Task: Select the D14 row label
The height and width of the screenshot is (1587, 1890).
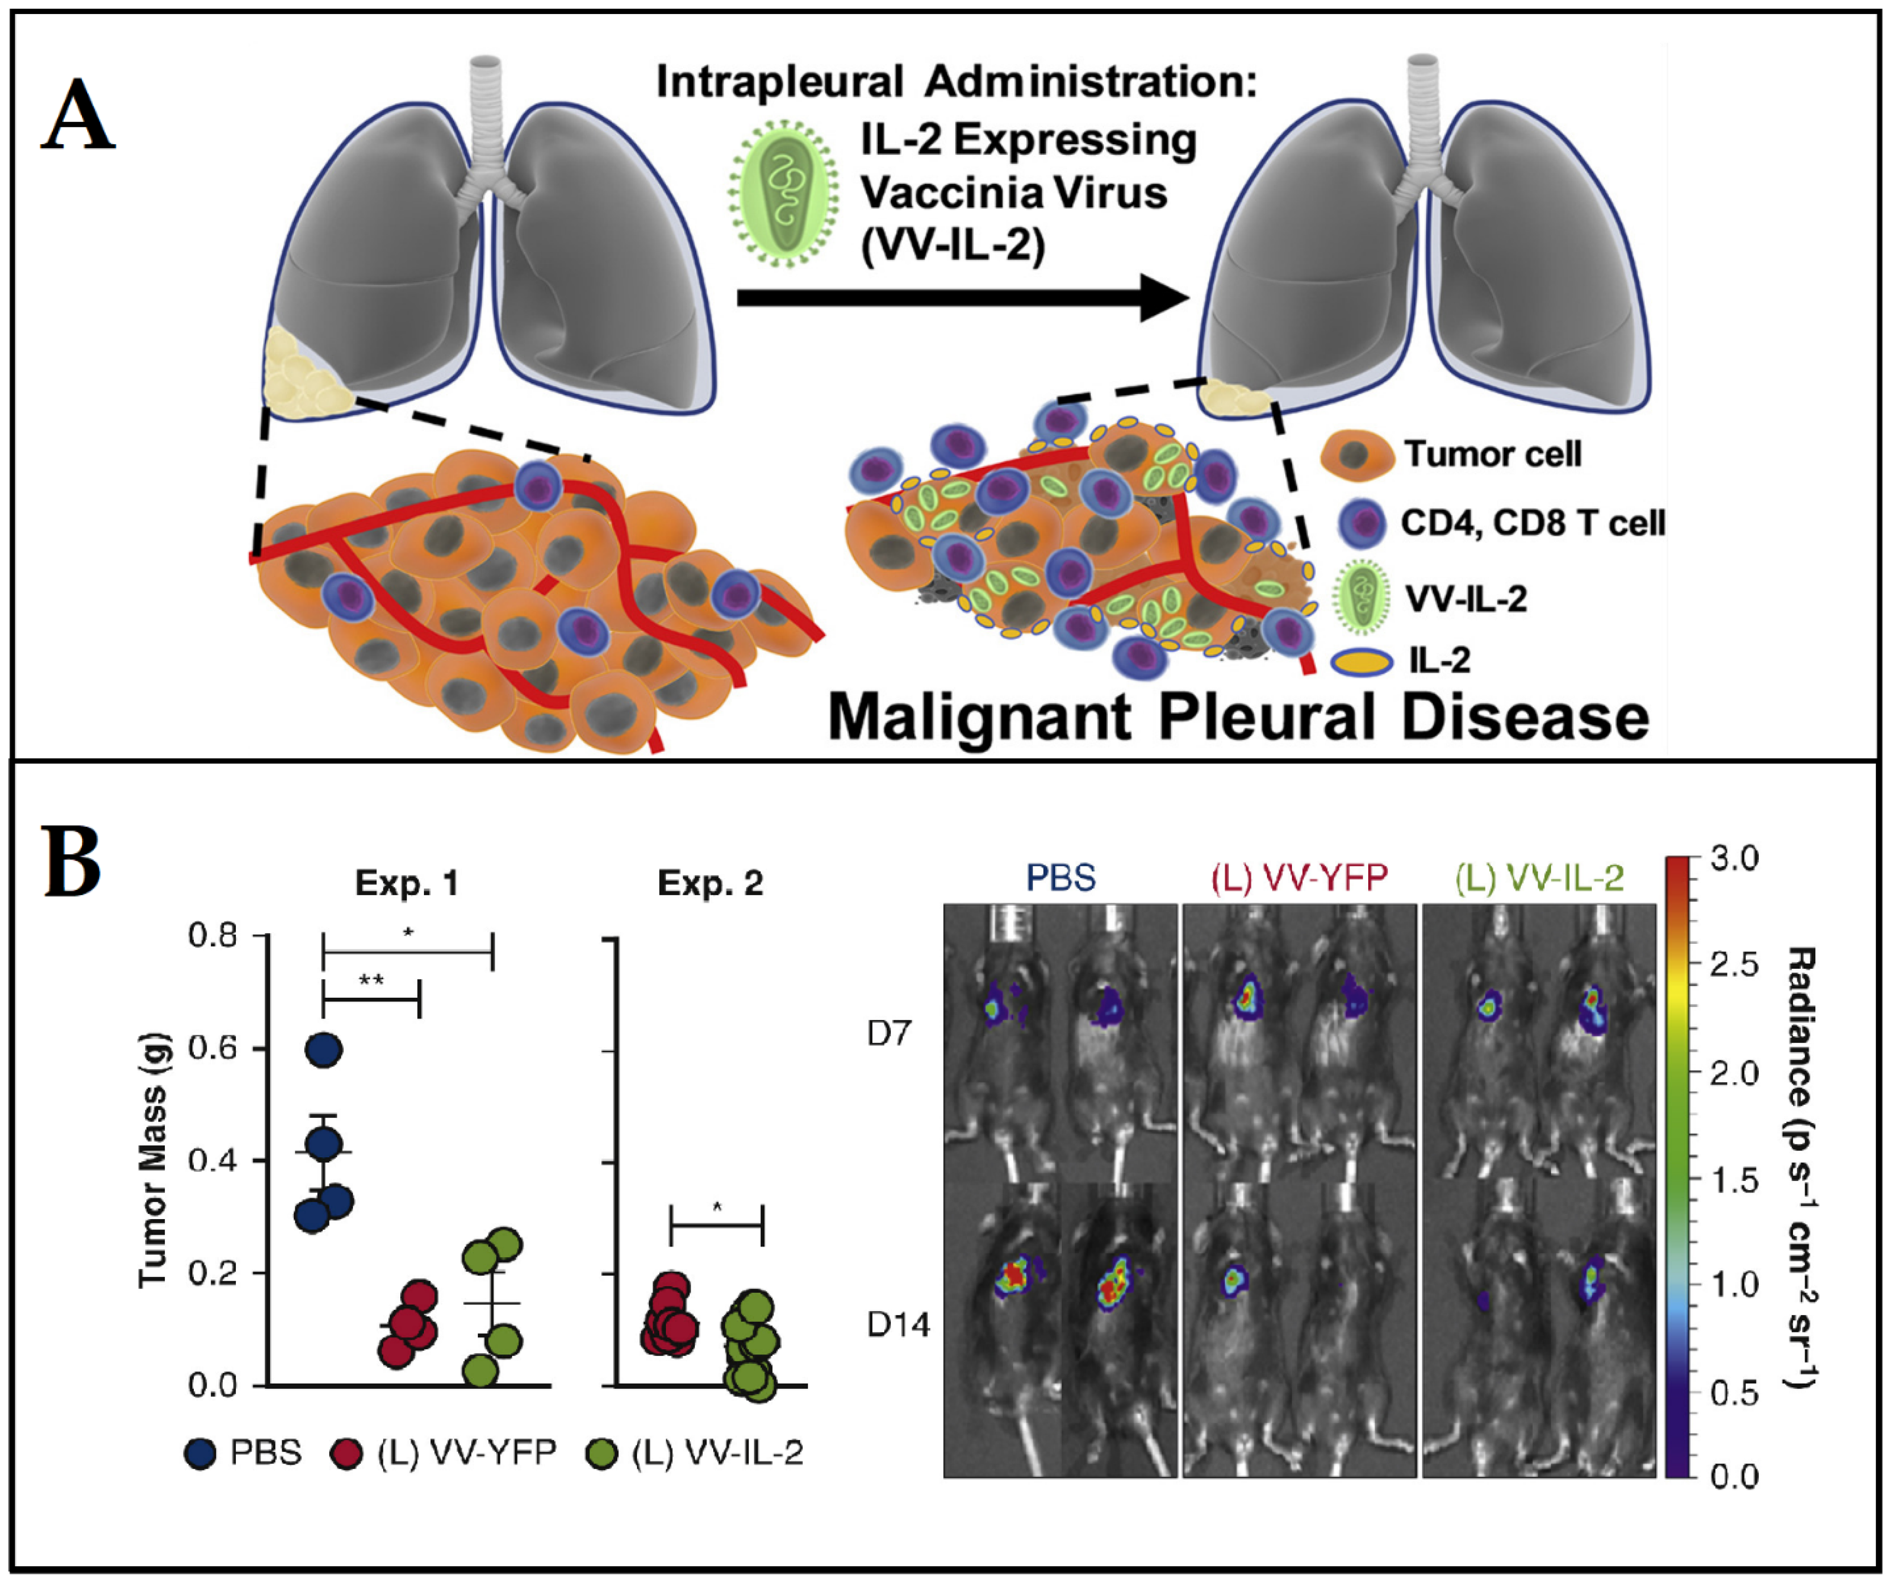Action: click(897, 1325)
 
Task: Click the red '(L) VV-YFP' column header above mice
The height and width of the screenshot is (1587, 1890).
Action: click(1299, 878)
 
